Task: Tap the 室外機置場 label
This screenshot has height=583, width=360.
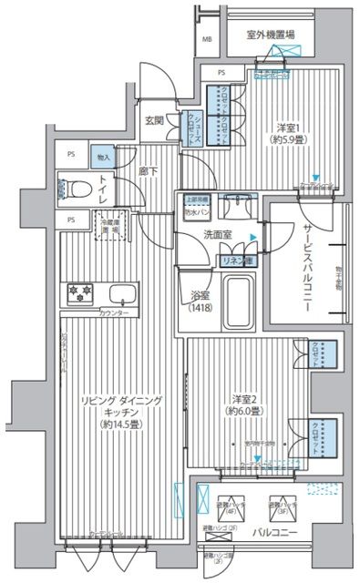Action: [270, 36]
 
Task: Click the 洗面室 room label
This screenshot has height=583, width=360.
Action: [217, 235]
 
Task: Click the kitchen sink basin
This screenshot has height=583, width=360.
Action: [121, 295]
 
